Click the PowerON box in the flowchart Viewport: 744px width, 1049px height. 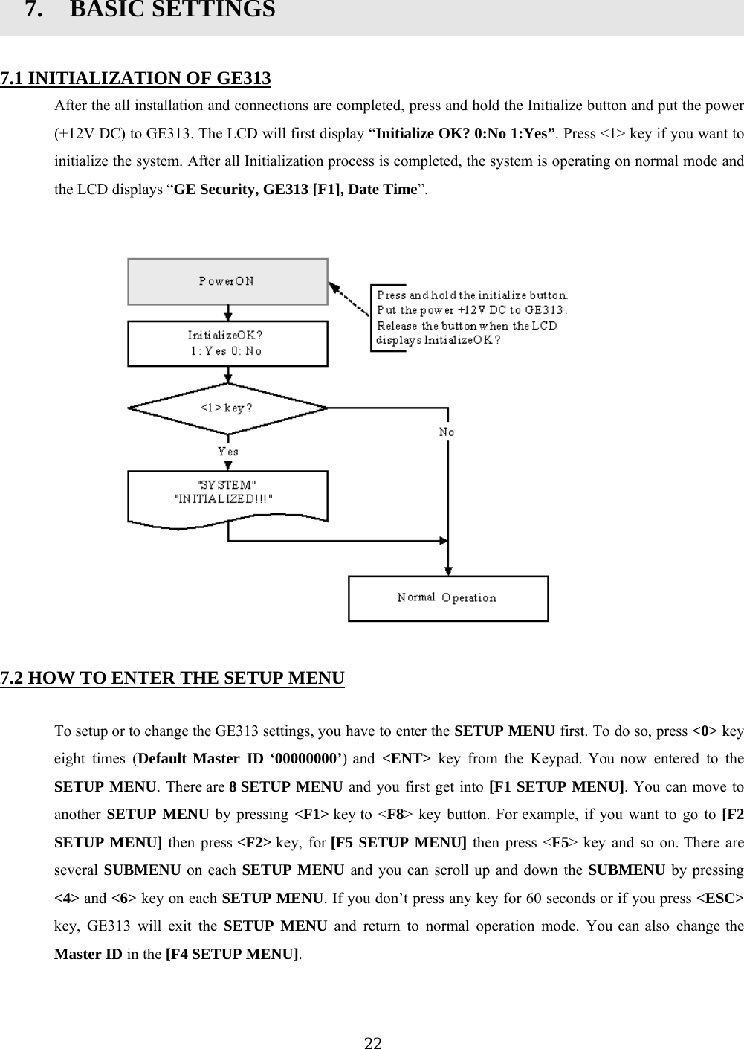click(227, 281)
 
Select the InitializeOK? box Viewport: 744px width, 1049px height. click(227, 343)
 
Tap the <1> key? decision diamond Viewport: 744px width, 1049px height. click(227, 408)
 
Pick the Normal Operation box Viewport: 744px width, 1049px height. click(448, 598)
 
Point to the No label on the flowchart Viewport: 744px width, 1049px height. click(447, 432)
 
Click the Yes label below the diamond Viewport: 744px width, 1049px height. click(227, 452)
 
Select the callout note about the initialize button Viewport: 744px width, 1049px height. click(471, 318)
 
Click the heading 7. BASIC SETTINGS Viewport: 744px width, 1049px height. click(149, 11)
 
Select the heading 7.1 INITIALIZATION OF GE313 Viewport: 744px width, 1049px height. click(135, 78)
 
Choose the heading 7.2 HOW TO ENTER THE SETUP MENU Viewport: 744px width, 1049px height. click(172, 678)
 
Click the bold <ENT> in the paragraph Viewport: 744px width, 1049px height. click(405, 759)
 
